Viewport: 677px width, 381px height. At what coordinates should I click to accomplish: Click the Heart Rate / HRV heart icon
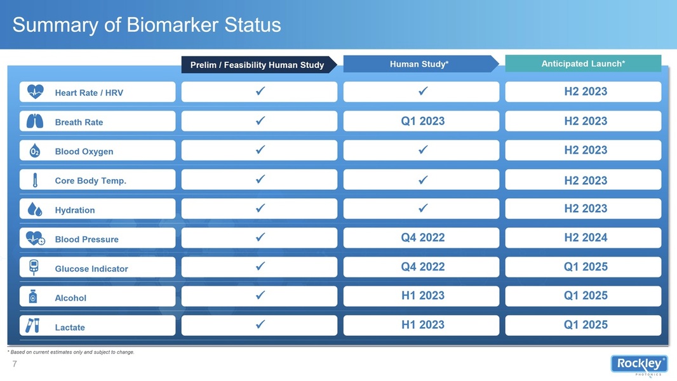pos(35,91)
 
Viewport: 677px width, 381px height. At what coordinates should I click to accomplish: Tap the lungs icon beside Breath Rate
pos(34,121)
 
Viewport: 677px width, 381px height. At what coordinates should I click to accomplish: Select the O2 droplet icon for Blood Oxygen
pos(34,150)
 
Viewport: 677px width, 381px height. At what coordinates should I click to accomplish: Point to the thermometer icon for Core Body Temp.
pos(35,180)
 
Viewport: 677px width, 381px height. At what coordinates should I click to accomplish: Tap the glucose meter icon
pos(34,267)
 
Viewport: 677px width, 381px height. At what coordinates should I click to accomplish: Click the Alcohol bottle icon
pos(33,297)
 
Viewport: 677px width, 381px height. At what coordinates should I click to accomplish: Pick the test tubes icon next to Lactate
pos(32,326)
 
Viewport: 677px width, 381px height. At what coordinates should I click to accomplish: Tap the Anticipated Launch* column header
pos(583,63)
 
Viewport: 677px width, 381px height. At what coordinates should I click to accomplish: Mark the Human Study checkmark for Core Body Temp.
pos(423,180)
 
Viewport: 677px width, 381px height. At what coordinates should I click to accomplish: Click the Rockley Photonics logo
pos(640,365)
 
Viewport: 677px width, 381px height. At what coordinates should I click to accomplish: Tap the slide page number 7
pos(15,364)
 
